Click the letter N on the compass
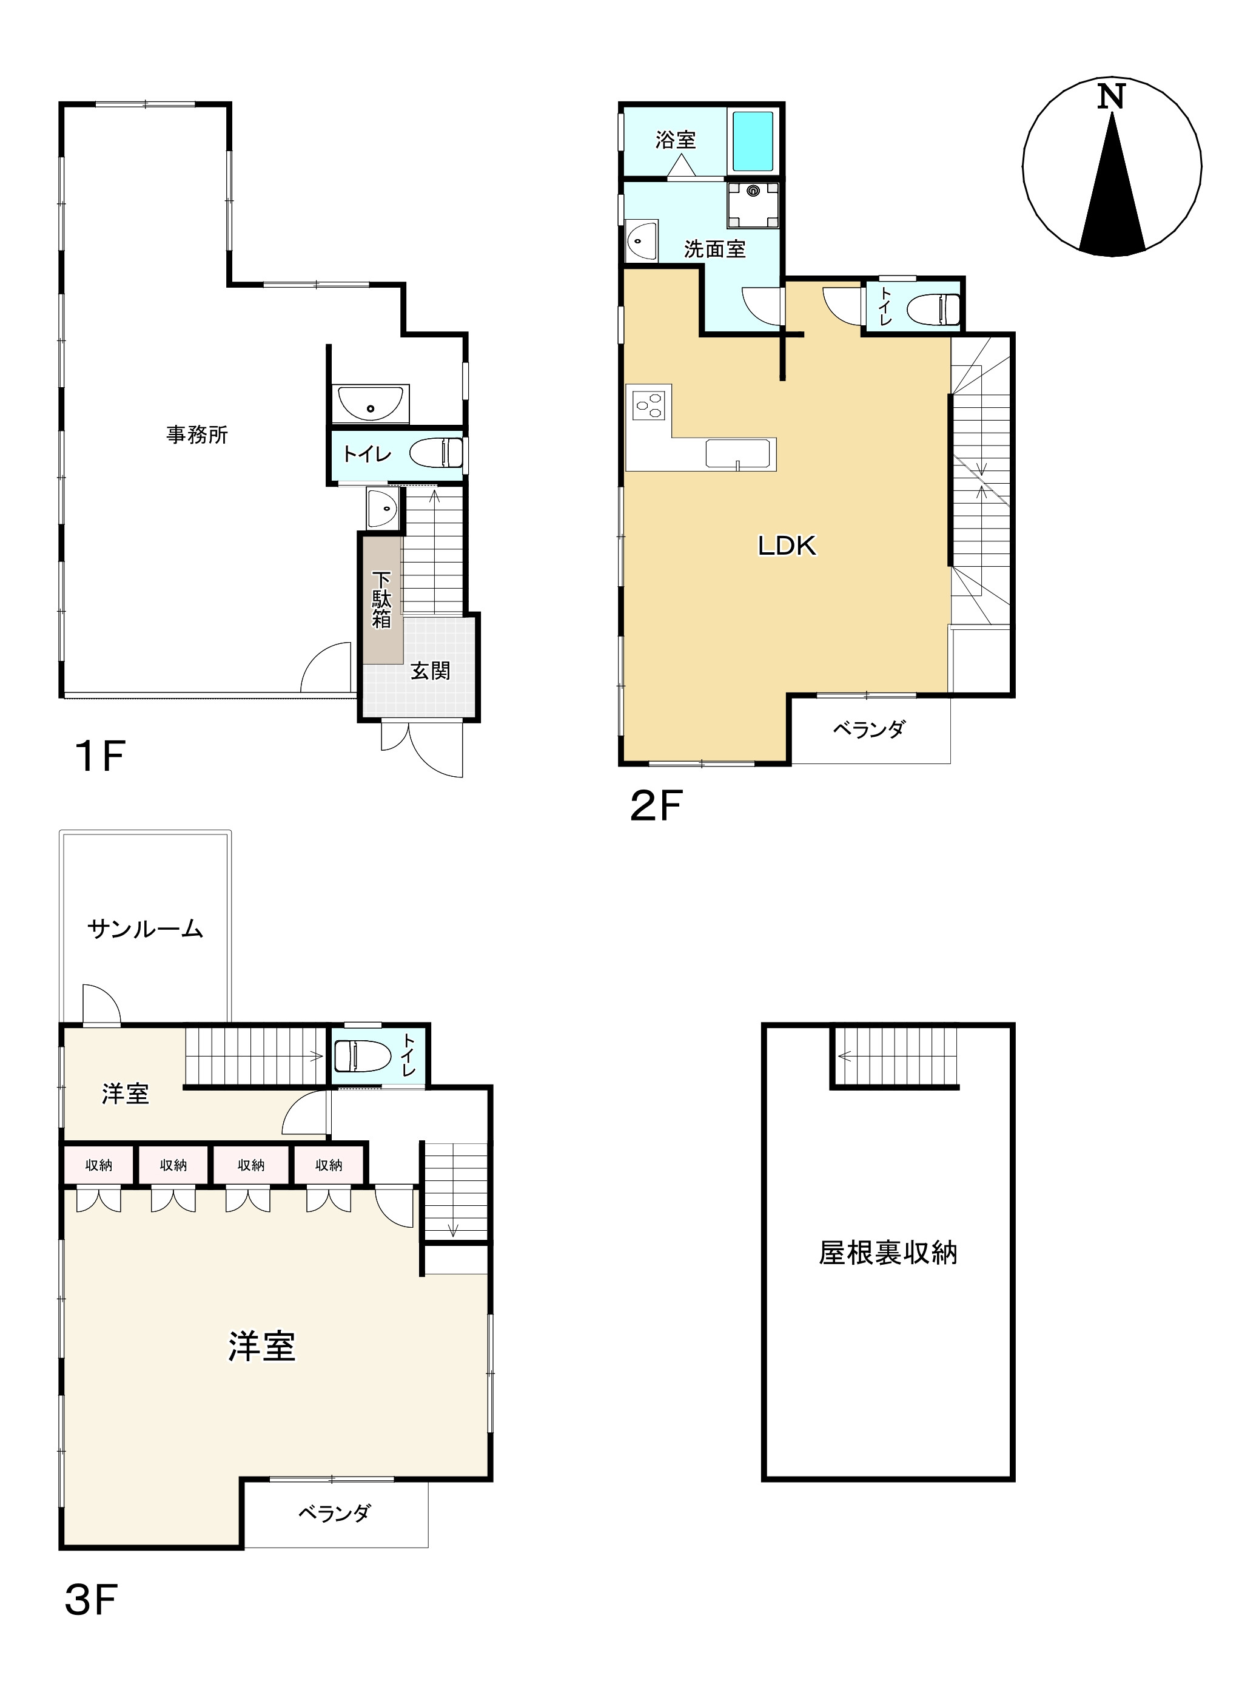[1111, 97]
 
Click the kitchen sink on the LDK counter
[736, 452]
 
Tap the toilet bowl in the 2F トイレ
[933, 310]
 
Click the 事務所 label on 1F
[197, 435]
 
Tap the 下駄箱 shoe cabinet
[382, 600]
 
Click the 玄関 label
[431, 671]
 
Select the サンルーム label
[145, 929]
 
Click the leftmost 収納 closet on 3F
[98, 1165]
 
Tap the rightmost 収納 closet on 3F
[329, 1165]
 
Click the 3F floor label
[91, 1600]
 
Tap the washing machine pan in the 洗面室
[753, 205]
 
